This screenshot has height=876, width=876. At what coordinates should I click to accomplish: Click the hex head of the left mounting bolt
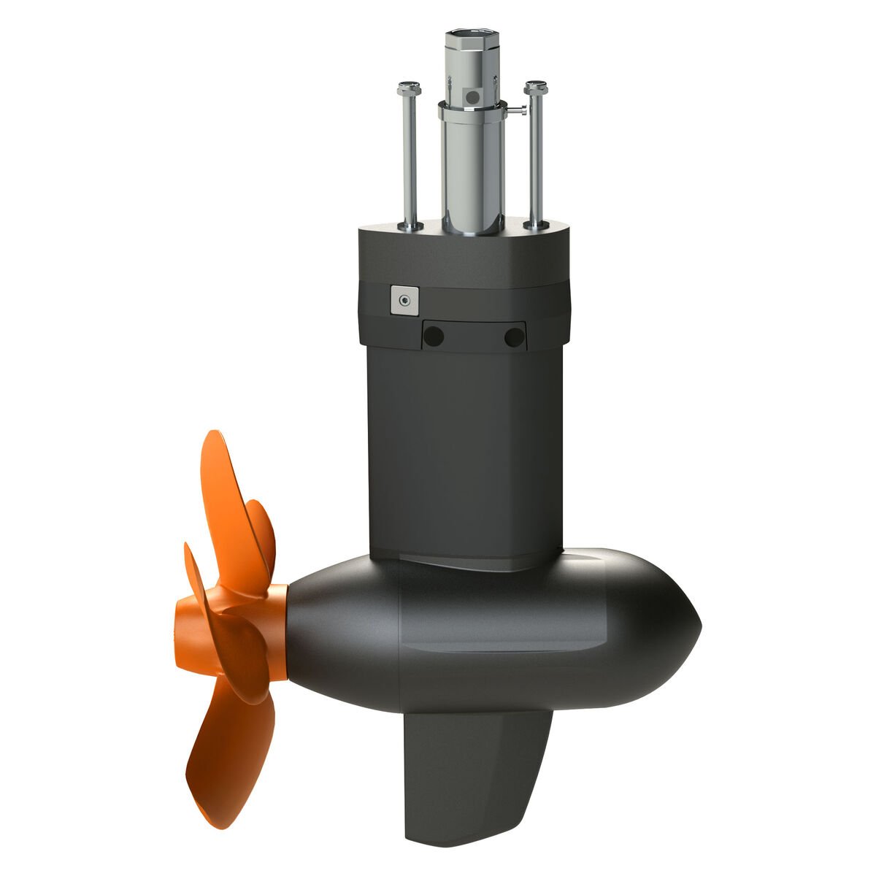pos(408,89)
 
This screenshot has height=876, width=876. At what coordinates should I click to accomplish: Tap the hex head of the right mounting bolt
pos(536,87)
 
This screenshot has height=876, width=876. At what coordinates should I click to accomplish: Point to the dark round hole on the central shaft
pos(473,96)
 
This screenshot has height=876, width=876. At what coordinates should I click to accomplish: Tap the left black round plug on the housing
pos(434,337)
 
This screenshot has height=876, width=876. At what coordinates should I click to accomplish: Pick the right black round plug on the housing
pos(514,337)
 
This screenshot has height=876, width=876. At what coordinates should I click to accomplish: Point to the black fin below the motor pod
pos(474,774)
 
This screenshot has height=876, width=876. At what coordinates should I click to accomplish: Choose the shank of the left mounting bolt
pos(410,161)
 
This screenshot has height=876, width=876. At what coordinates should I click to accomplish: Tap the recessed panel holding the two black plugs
pos(474,337)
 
